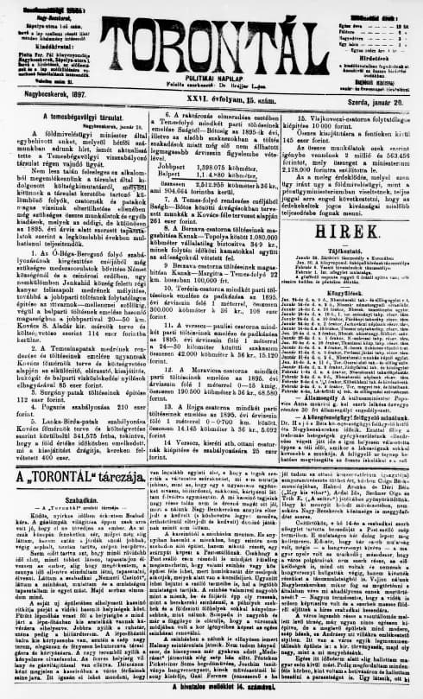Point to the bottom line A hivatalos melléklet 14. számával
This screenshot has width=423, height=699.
coord(211,691)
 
